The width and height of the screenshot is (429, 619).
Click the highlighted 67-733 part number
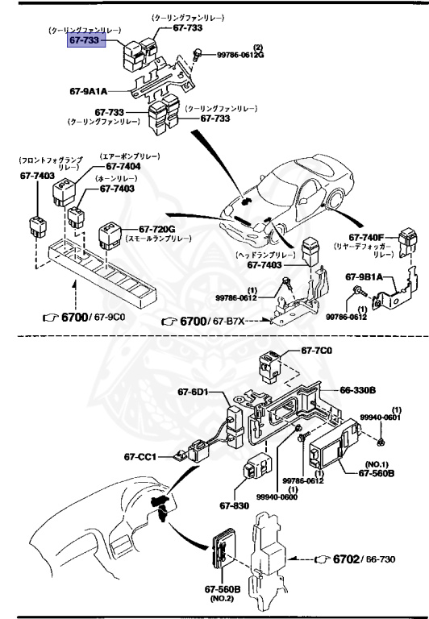85,40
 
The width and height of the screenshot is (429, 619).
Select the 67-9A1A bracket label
89,92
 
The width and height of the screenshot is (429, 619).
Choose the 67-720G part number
156,229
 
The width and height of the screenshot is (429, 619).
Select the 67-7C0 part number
317,351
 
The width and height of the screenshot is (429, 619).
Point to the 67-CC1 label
140,456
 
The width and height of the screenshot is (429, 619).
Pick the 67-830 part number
234,507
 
